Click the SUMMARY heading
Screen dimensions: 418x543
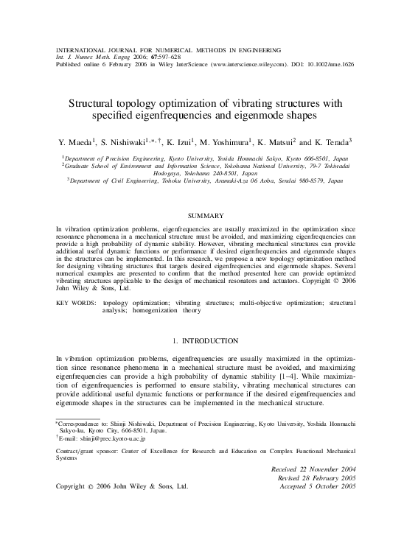pyautogui.click(x=208, y=215)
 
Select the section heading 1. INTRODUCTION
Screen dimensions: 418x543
pyautogui.click(x=208, y=340)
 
